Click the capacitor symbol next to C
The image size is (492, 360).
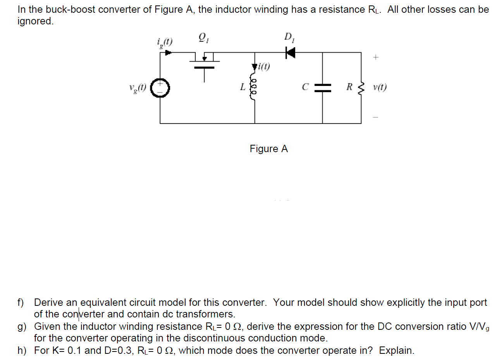323,88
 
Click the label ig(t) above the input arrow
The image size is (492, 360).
165,41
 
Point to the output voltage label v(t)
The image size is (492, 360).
380,87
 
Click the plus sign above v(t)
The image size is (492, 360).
375,57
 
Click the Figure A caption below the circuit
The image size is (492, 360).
269,149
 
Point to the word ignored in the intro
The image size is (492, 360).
36,21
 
